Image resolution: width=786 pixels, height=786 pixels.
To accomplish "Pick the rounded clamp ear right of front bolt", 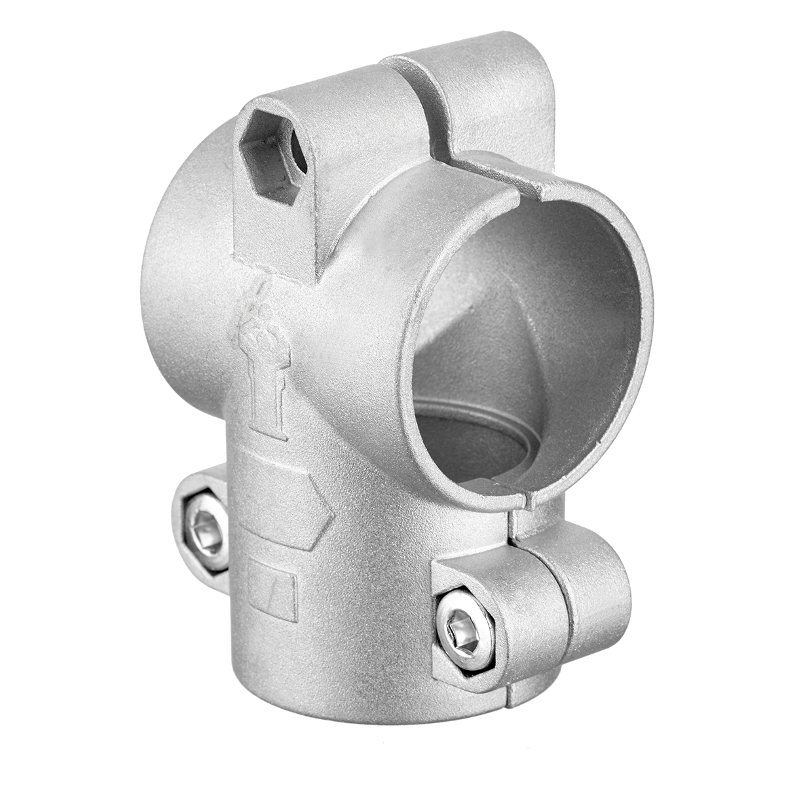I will [596, 589].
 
